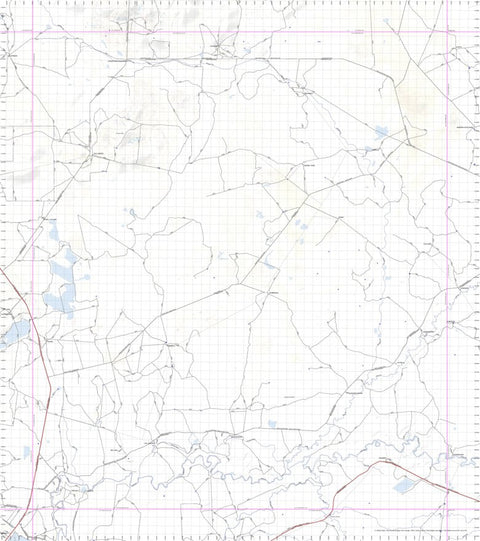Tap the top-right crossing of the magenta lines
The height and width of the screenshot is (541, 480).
pos(444,31)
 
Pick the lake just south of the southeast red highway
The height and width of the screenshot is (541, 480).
pos(403,486)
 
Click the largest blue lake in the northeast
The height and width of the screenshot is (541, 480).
pos(380,131)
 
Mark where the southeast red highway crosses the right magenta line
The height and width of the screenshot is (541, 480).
pos(444,490)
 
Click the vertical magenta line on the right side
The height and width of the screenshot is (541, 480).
pos(444,250)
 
